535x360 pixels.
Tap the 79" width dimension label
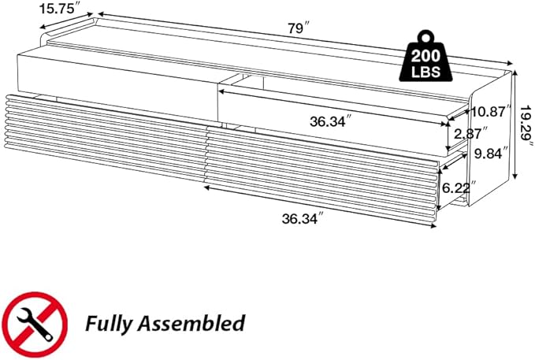[299, 28]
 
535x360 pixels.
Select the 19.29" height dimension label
[526, 126]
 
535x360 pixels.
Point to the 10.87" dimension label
[492, 112]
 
